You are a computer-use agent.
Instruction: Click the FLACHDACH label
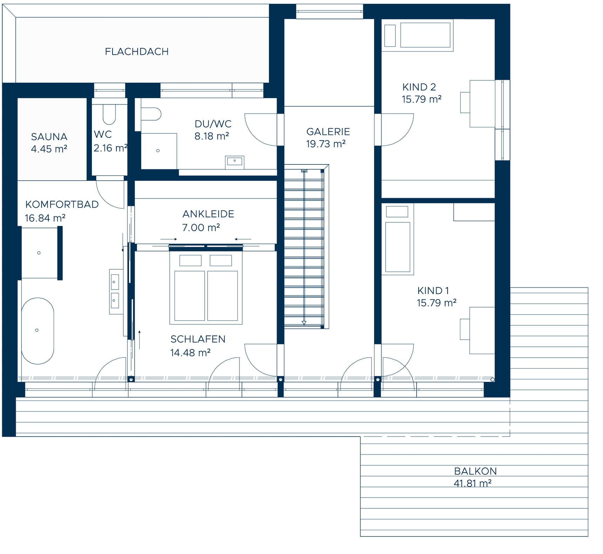click(x=137, y=52)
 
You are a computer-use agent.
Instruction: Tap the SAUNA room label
click(x=49, y=136)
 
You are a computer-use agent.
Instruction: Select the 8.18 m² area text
click(x=212, y=136)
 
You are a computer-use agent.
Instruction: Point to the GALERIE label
click(x=328, y=131)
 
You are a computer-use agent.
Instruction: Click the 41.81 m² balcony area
click(x=473, y=483)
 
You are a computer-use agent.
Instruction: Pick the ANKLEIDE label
click(x=208, y=214)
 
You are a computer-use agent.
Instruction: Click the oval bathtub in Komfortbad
click(x=38, y=331)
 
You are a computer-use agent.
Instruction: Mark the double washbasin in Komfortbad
click(x=116, y=291)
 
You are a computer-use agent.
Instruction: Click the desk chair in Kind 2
click(x=465, y=102)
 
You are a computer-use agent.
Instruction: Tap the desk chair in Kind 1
click(x=465, y=329)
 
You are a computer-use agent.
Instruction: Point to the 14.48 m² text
click(x=190, y=353)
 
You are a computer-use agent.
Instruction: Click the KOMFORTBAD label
click(x=62, y=204)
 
